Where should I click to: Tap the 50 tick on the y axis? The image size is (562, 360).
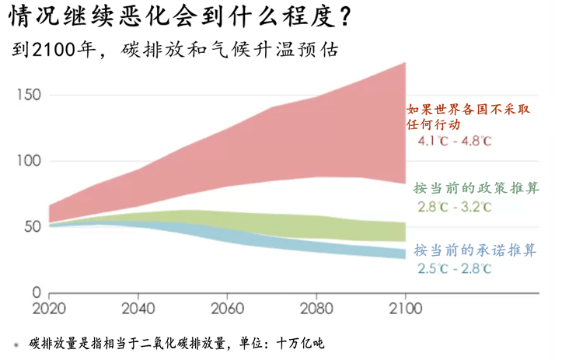(31, 227)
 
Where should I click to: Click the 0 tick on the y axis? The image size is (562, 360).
(36, 293)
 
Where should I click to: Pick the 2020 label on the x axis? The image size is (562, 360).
(48, 308)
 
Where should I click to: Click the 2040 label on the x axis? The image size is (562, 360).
(138, 308)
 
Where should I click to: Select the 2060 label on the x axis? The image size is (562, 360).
(227, 308)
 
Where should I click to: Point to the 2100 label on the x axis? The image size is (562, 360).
(406, 308)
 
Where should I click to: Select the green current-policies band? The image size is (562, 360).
(311, 225)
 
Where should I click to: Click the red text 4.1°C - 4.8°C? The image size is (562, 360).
(455, 142)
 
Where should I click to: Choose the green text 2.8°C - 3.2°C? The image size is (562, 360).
(455, 207)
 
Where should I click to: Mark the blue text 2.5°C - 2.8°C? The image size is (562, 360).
(455, 269)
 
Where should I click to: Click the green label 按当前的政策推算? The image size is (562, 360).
(476, 189)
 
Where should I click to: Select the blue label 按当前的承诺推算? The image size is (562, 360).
(476, 250)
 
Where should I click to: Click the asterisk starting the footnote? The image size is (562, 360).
(15, 344)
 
